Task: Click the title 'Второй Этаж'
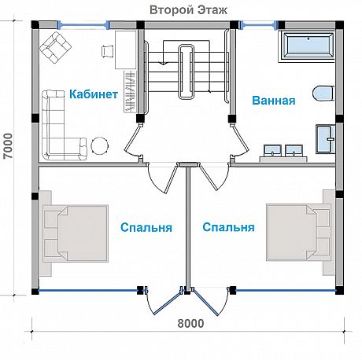(188, 10)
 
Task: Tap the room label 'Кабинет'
(94, 94)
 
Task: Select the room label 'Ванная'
(274, 101)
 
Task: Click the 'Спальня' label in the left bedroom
(146, 227)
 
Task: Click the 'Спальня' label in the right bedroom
(228, 227)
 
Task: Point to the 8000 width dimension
(190, 324)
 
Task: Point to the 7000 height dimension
(9, 146)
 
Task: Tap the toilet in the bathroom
(323, 93)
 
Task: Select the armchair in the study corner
(56, 47)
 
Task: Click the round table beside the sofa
(100, 145)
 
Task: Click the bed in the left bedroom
(75, 233)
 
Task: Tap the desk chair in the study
(107, 50)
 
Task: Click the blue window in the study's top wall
(83, 25)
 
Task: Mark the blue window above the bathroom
(258, 25)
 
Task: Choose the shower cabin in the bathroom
(325, 139)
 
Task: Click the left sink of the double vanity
(273, 150)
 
